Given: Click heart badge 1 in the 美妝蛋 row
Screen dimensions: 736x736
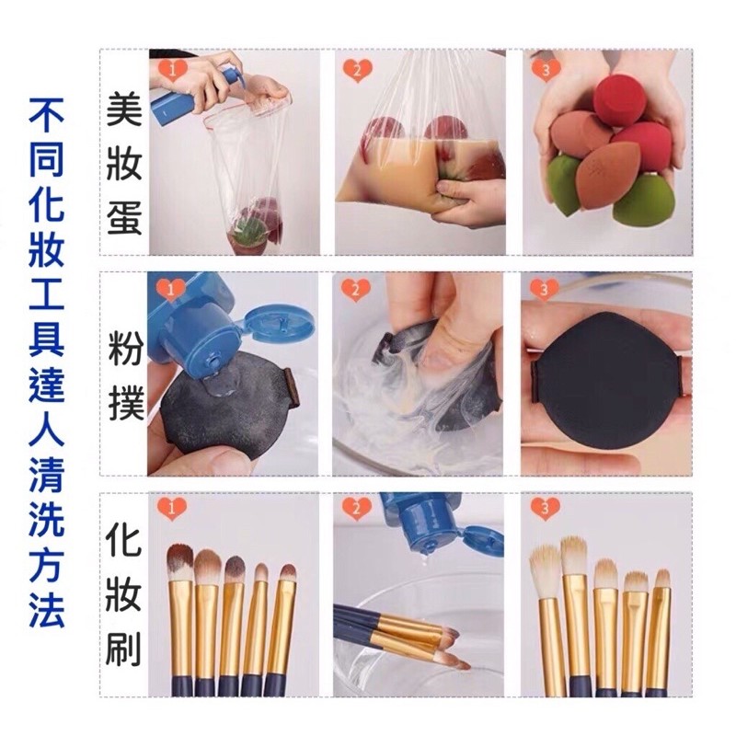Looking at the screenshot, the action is click(x=173, y=71).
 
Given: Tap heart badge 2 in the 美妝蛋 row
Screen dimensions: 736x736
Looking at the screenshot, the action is click(x=357, y=71).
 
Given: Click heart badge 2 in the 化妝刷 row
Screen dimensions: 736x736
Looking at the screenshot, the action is click(x=357, y=509).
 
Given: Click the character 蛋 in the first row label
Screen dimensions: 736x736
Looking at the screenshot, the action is click(x=124, y=217).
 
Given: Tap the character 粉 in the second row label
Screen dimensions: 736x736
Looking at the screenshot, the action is click(x=125, y=348).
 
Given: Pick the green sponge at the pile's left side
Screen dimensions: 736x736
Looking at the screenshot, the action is click(x=565, y=183).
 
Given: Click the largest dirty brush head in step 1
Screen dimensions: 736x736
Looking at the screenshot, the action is click(x=179, y=562).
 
